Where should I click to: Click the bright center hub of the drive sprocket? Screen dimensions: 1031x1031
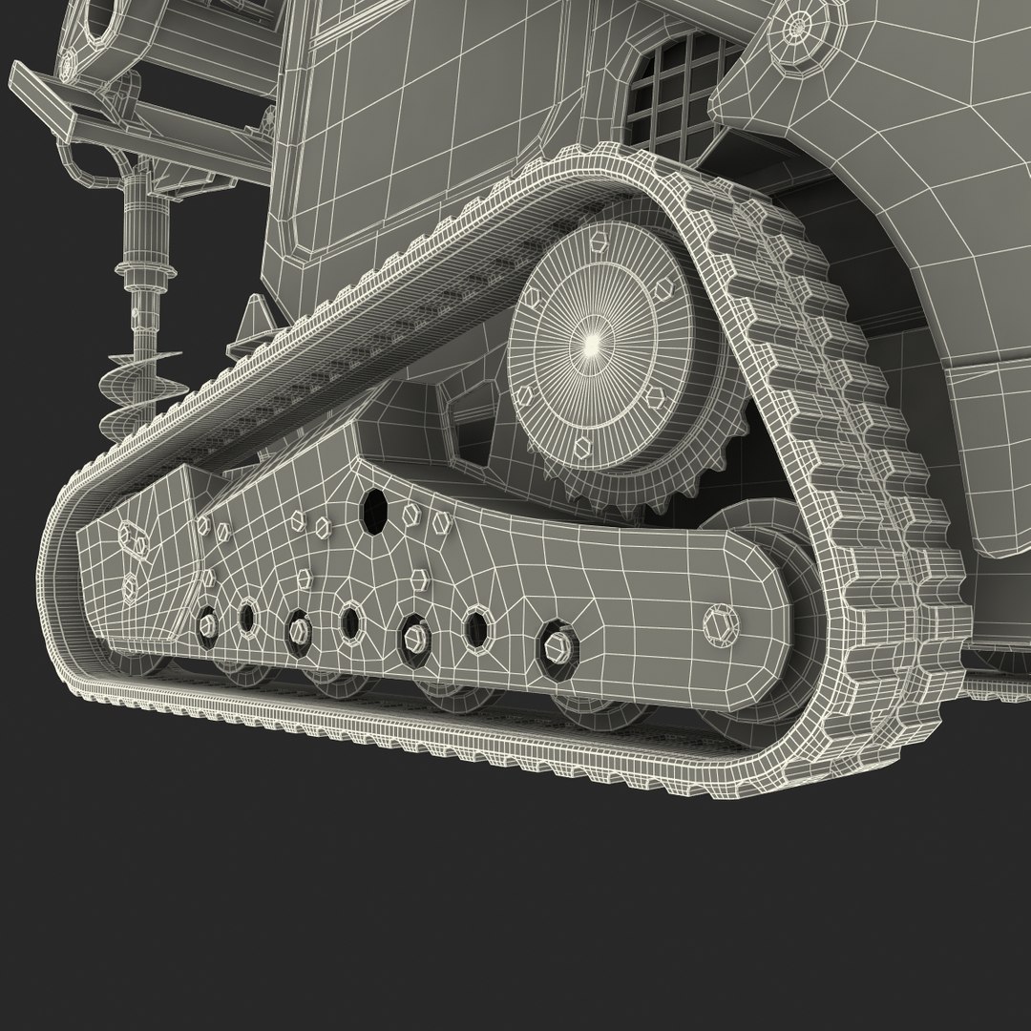pos(592,341)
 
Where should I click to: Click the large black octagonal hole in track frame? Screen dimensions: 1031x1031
pos(373,514)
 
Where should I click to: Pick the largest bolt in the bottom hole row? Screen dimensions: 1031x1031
pos(556,645)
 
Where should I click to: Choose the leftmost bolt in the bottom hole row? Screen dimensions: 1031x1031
pos(205,624)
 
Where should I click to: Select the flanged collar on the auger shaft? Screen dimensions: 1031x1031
pos(140,279)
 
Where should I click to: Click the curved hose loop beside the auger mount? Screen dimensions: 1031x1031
pos(81,167)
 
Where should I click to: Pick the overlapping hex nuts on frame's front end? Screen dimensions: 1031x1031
pos(134,540)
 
